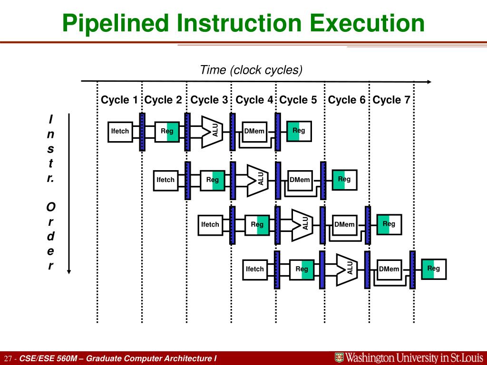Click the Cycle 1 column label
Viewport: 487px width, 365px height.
119,100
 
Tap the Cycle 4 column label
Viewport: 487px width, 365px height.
254,100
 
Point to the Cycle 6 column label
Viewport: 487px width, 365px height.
347,100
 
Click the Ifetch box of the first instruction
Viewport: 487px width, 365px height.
120,131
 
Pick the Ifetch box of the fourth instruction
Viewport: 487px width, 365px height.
254,269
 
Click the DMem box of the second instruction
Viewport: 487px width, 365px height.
300,180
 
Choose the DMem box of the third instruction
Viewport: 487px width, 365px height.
344,224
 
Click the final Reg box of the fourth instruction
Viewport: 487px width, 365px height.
434,269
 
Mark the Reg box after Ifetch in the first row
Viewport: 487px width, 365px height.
167,132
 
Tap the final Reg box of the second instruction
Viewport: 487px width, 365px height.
344,180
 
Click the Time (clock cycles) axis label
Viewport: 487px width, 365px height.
251,70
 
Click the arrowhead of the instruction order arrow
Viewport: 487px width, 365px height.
69,271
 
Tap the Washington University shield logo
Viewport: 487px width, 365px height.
339,357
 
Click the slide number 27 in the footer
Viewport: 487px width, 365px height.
8,358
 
